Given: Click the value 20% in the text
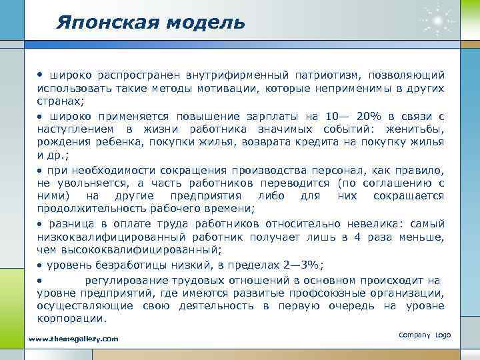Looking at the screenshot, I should [365, 115].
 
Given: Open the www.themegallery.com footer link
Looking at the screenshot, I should [74, 339].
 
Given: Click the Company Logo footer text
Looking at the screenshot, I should [425, 334].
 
